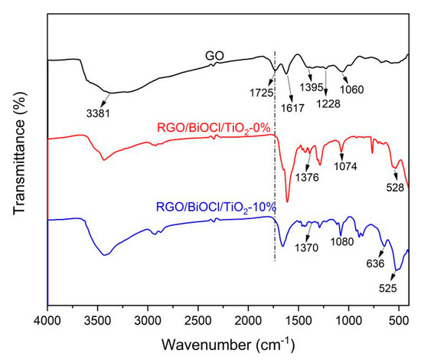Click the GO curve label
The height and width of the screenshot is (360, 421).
pyautogui.click(x=213, y=56)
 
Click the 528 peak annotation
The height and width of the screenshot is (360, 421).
pyautogui.click(x=395, y=187)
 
